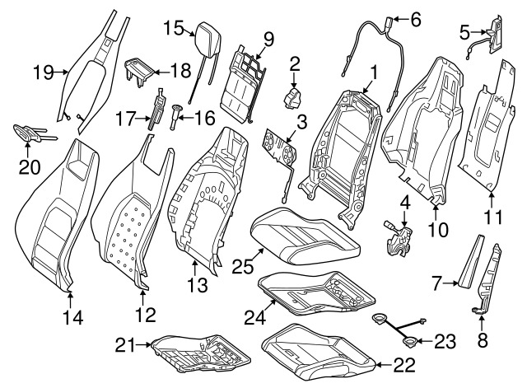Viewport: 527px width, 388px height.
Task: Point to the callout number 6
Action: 414,18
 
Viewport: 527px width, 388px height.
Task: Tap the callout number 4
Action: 405,199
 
